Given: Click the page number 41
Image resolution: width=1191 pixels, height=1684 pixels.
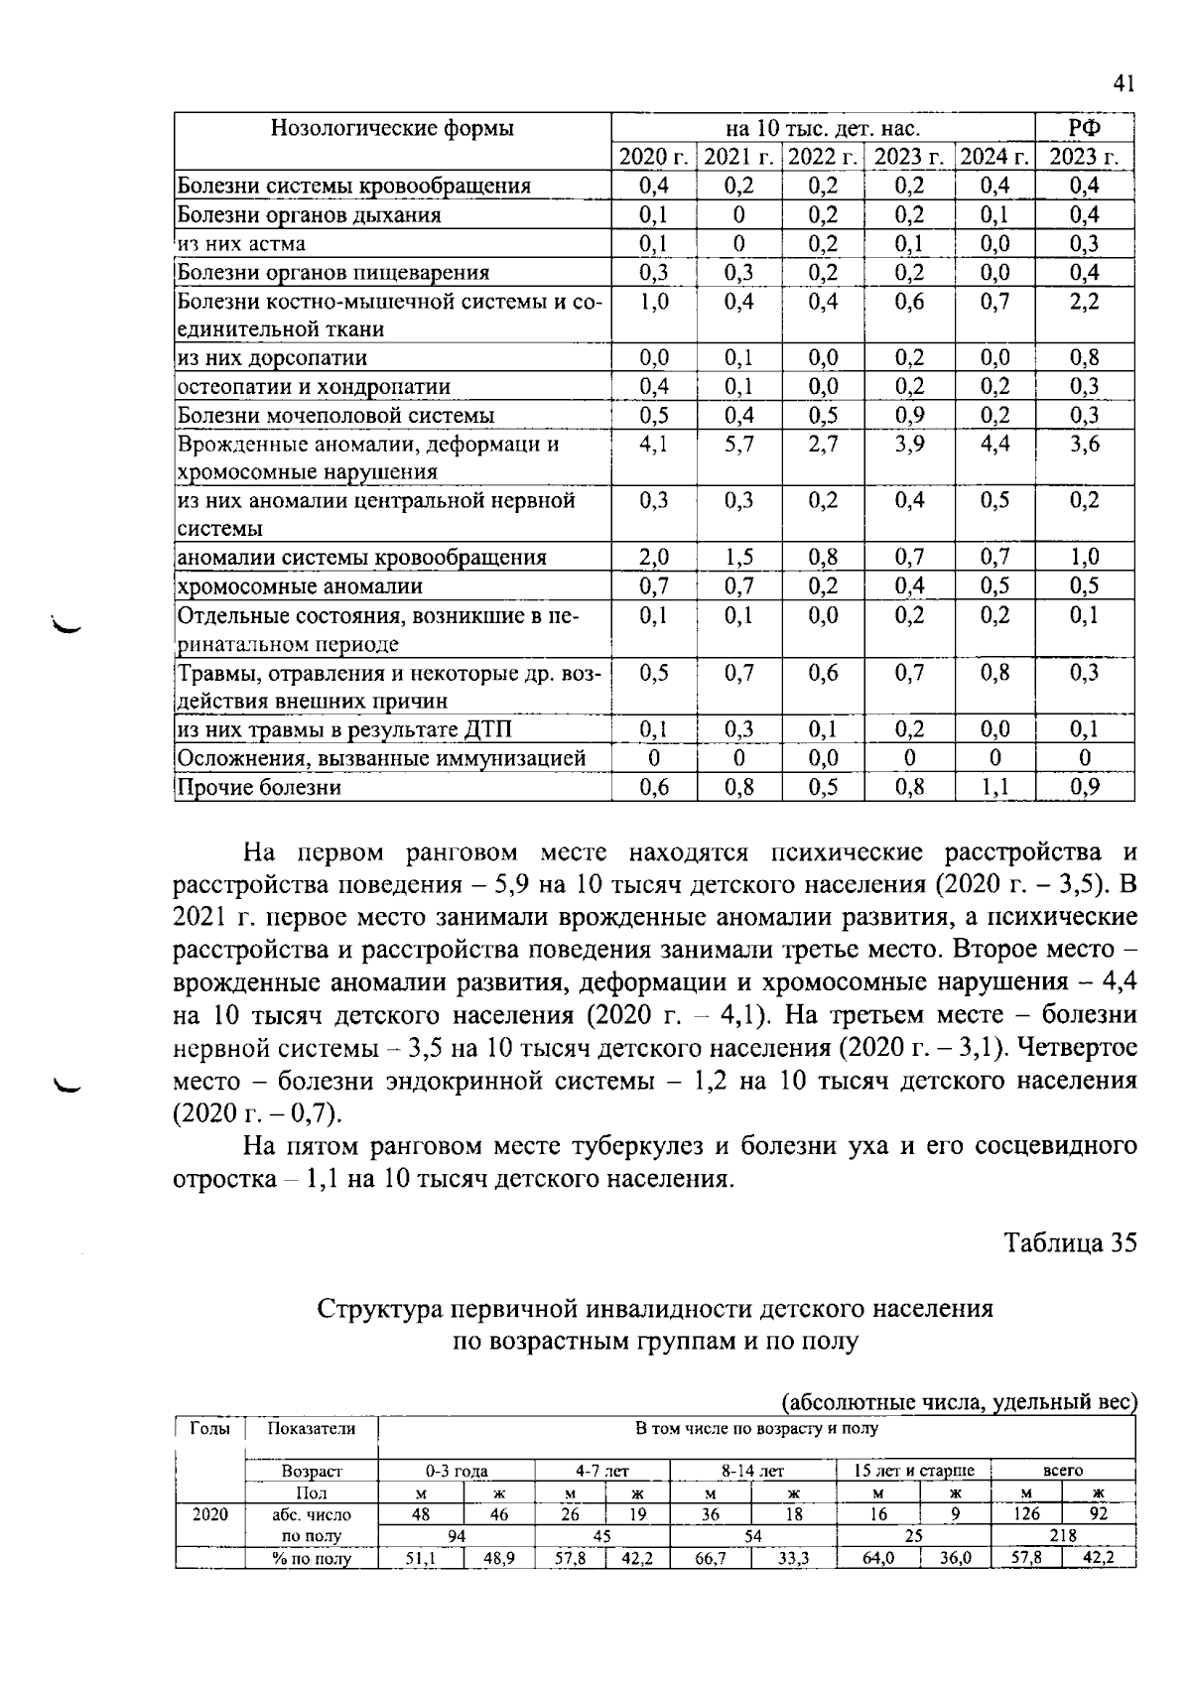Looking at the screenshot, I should [x=1123, y=83].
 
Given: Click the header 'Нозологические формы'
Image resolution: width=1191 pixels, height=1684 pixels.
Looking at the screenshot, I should [x=392, y=129].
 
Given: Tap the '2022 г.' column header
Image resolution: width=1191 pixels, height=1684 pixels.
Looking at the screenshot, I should [x=823, y=158].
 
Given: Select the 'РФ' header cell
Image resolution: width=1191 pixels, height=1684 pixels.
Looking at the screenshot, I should [x=1084, y=129].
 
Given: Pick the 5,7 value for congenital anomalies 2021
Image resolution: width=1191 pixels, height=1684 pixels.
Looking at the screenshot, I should [x=738, y=445].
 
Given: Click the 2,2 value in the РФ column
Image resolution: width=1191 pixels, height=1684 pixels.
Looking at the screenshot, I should [x=1084, y=302].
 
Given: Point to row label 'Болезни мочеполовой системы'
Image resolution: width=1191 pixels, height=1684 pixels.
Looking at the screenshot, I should [x=335, y=416].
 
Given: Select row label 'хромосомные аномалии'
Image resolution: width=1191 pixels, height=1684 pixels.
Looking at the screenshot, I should [x=300, y=586].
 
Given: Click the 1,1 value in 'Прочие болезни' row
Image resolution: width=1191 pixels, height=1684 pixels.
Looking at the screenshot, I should [x=994, y=788].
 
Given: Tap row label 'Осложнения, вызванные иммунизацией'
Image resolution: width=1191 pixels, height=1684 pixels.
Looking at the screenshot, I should [x=381, y=759].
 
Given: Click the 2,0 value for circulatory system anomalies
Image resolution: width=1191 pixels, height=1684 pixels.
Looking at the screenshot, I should [x=654, y=558].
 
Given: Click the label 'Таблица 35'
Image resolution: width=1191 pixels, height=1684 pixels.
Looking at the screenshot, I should [x=1070, y=1243].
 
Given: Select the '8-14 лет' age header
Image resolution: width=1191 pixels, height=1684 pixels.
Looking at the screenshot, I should [x=752, y=1471].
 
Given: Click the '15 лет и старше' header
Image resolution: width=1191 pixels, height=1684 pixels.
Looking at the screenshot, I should [x=914, y=1471].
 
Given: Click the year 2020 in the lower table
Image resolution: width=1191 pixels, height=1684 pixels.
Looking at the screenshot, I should [x=209, y=1514].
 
